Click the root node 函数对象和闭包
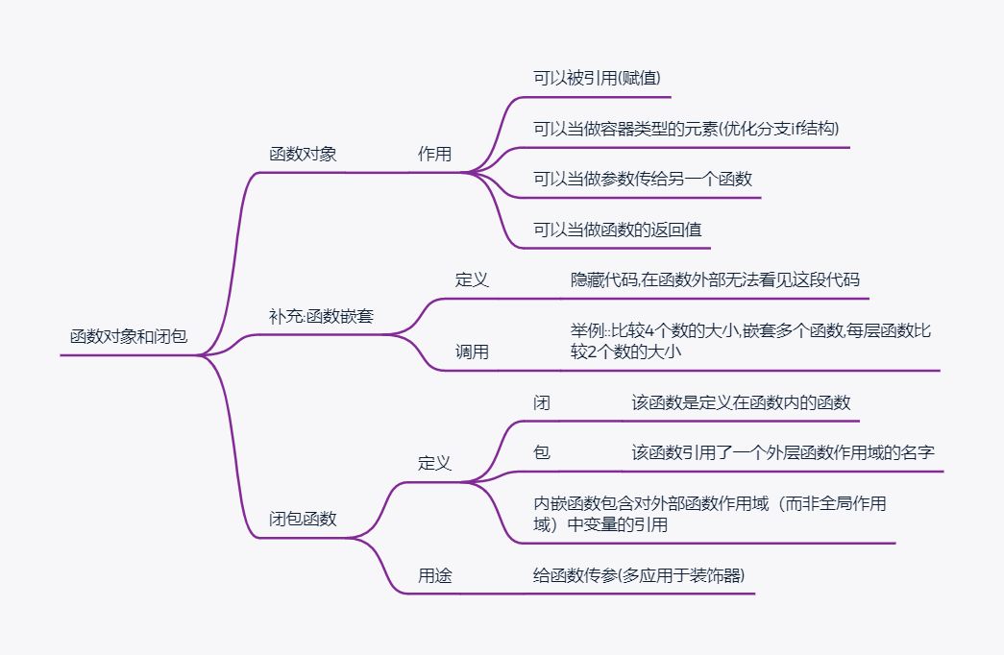pyautogui.click(x=129, y=337)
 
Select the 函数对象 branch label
pyautogui.click(x=303, y=154)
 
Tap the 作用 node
pyautogui.click(x=434, y=154)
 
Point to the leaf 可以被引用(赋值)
pyautogui.click(x=597, y=78)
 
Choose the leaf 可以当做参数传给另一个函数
pyautogui.click(x=642, y=179)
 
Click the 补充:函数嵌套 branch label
pyautogui.click(x=321, y=316)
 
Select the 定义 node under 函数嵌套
pyautogui.click(x=472, y=279)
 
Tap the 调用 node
pyautogui.click(x=472, y=352)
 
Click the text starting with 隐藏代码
pyautogui.click(x=715, y=279)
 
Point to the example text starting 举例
pyautogui.click(x=750, y=342)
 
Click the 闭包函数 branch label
pyautogui.click(x=303, y=519)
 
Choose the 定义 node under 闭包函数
pyautogui.click(x=434, y=463)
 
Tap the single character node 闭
pyautogui.click(x=542, y=402)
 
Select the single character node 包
pyautogui.click(x=542, y=452)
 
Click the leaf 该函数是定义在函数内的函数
pyautogui.click(x=741, y=402)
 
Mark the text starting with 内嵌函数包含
pyautogui.click(x=709, y=514)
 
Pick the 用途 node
pyautogui.click(x=434, y=576)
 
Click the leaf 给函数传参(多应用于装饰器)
pyautogui.click(x=639, y=576)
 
